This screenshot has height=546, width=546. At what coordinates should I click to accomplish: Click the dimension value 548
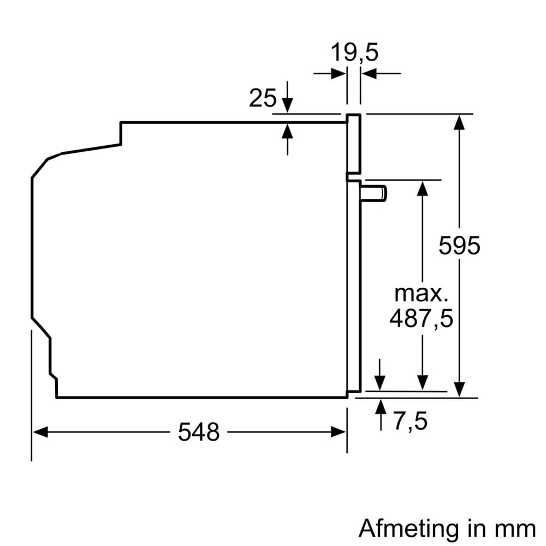pyautogui.click(x=198, y=432)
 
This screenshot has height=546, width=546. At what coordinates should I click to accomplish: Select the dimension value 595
pyautogui.click(x=459, y=246)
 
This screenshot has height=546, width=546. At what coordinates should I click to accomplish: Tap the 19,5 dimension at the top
pyautogui.click(x=354, y=54)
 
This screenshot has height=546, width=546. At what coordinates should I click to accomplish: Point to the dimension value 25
pyautogui.click(x=263, y=98)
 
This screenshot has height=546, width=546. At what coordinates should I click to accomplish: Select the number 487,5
pyautogui.click(x=421, y=318)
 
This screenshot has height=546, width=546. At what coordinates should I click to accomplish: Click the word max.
pyautogui.click(x=421, y=294)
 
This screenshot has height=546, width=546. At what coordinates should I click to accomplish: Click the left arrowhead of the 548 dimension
pyautogui.click(x=38, y=432)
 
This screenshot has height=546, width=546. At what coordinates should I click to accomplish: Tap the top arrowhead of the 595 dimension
pyautogui.click(x=460, y=122)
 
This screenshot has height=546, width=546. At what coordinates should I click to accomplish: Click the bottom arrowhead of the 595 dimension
pyautogui.click(x=460, y=390)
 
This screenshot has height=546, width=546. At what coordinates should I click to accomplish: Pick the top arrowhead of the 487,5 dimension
pyautogui.click(x=422, y=187)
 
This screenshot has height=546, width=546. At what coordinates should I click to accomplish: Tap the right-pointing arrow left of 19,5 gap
pyautogui.click(x=339, y=73)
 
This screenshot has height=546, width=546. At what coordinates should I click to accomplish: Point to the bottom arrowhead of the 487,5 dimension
pyautogui.click(x=422, y=383)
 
